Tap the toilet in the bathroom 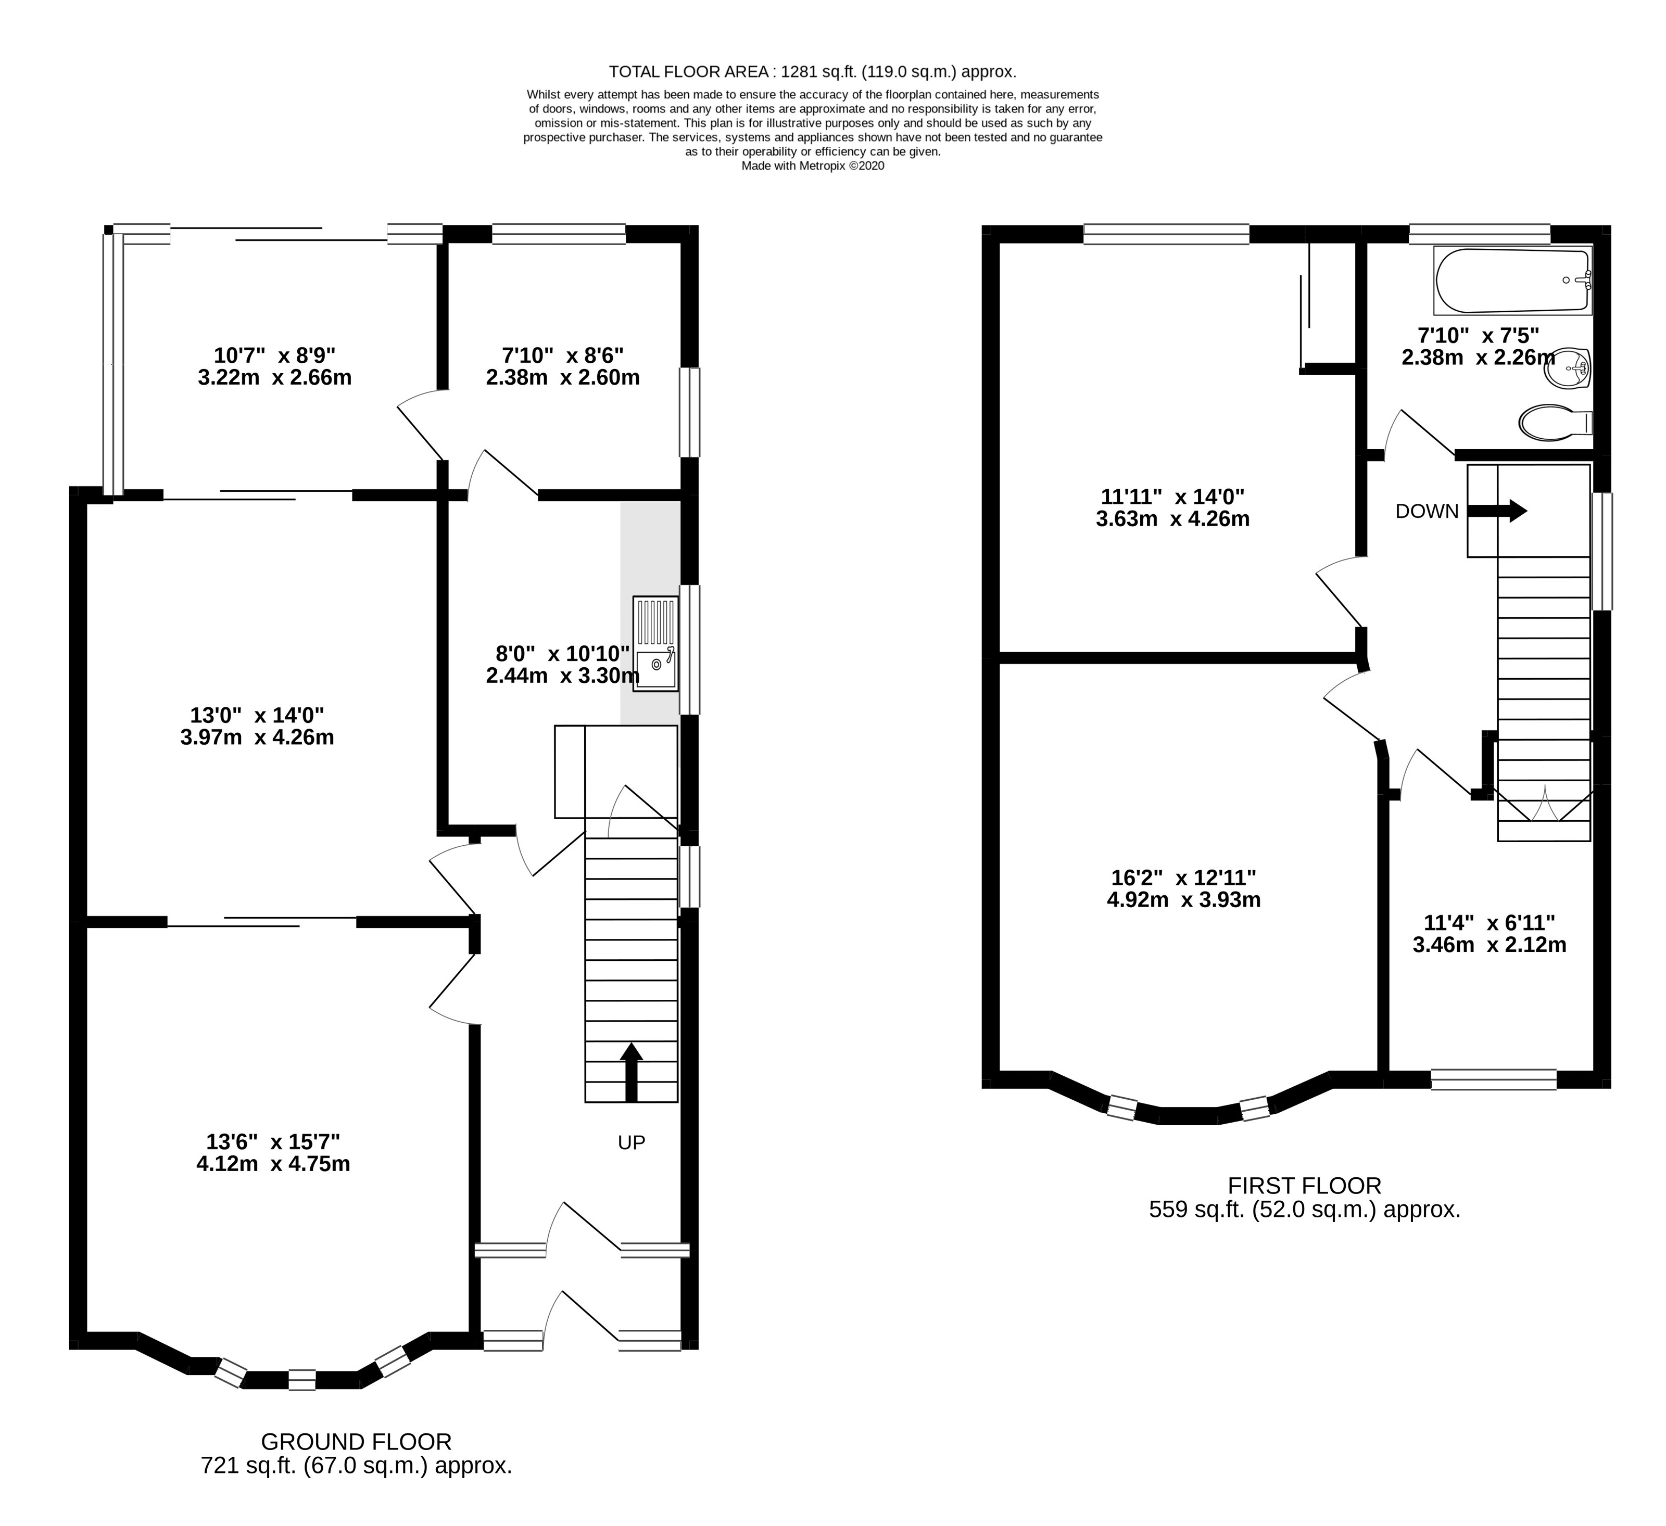[1556, 422]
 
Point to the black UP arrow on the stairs [632, 1072]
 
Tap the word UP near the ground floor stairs [632, 1142]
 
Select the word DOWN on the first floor [1427, 512]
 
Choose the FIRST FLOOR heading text [1305, 1186]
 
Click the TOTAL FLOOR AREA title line [812, 71]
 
